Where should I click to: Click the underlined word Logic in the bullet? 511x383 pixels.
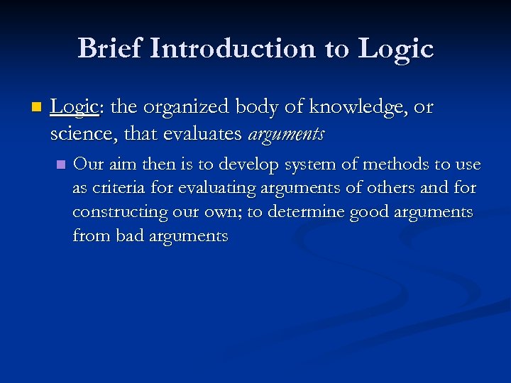point(73,107)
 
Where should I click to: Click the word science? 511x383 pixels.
point(79,133)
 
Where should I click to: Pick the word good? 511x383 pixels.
point(362,213)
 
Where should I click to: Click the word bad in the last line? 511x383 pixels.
point(129,237)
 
